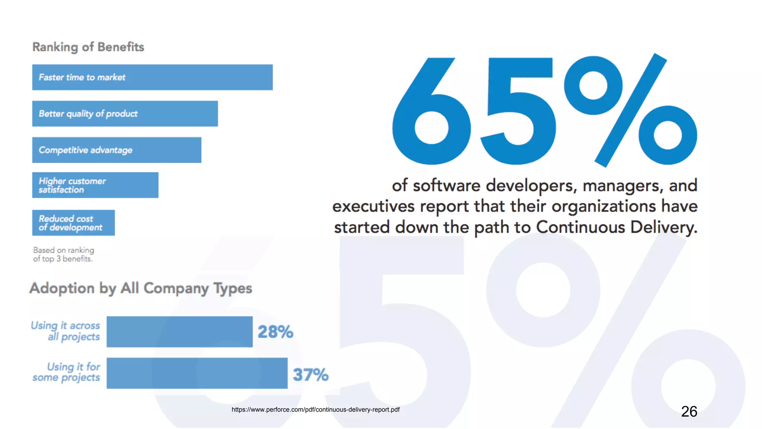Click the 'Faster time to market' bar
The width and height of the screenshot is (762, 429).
tap(152, 77)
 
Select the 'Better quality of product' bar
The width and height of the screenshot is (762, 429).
tap(125, 114)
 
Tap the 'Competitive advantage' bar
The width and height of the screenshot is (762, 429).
tap(116, 150)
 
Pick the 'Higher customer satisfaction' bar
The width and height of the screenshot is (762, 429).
tap(95, 185)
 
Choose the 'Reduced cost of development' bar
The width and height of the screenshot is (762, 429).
tap(73, 223)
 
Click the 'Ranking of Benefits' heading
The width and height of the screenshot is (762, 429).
tap(88, 47)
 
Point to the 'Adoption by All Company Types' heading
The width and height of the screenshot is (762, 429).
tap(141, 288)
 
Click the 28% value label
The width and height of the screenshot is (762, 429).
tap(275, 332)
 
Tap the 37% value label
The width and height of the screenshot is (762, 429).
tap(311, 375)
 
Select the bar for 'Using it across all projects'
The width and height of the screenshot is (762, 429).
tap(179, 332)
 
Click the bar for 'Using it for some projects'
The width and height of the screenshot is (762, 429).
tap(197, 373)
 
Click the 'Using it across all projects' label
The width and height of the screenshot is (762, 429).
tap(65, 331)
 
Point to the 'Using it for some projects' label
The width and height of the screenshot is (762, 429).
tap(66, 372)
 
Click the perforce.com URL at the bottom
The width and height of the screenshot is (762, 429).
tap(316, 410)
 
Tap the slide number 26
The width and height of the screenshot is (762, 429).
tap(689, 411)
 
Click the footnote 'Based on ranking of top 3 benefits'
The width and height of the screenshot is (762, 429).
tap(63, 254)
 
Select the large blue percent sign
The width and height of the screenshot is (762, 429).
tap(631, 110)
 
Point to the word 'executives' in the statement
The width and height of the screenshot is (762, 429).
tap(373, 206)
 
